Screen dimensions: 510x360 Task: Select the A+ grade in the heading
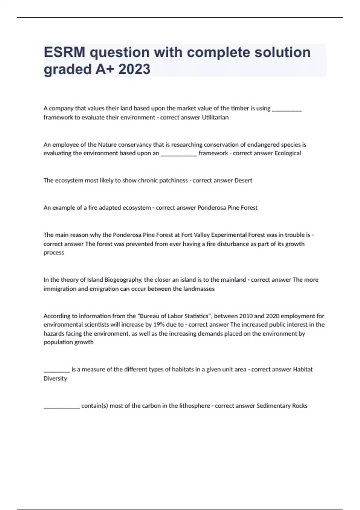coord(105,69)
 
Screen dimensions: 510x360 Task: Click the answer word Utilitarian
coord(215,117)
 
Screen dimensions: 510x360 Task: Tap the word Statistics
coord(196,316)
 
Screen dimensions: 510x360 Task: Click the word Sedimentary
coord(274,406)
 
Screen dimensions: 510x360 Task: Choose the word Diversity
coord(55,378)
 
